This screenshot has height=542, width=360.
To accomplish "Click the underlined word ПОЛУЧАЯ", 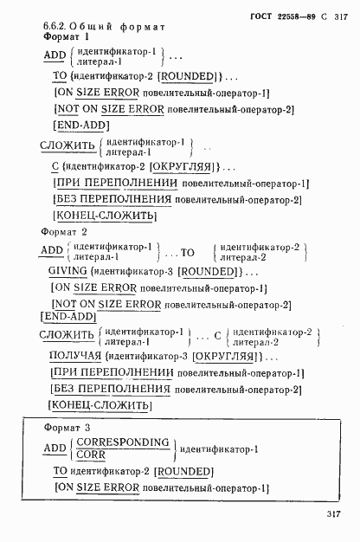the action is tap(74, 356).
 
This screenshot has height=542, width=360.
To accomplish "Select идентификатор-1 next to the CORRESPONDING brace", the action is tap(219, 449).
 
